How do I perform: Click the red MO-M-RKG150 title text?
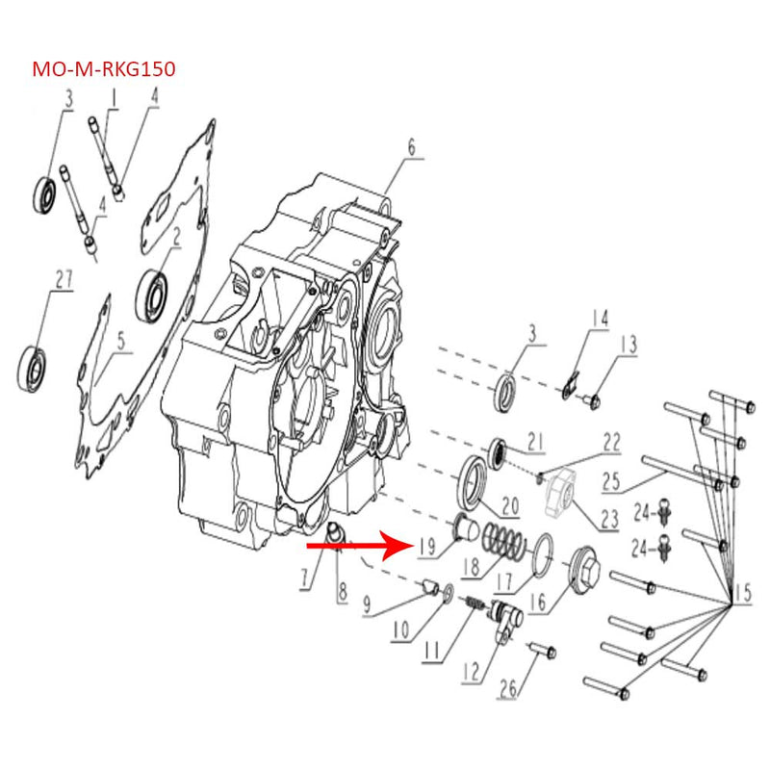coord(104,69)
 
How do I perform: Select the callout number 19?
coord(426,547)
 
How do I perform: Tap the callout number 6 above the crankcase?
coord(411,147)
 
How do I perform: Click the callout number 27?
coord(64,280)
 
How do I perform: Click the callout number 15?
coord(742,593)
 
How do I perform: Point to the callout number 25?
coord(612,482)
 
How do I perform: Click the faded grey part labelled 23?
coord(560,493)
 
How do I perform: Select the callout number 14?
coord(600,319)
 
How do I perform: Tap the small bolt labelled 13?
coord(592,401)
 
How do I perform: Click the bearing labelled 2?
coord(152,296)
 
